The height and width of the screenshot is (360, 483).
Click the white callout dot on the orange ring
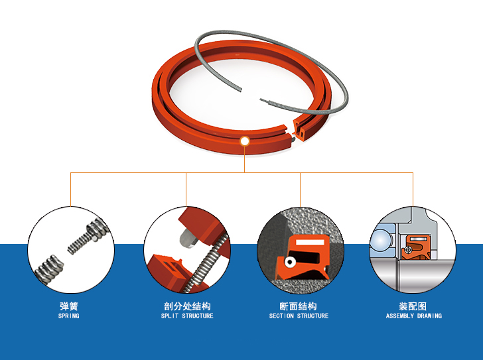pyautogui.click(x=245, y=141)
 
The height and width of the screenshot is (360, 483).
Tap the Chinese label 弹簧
pyautogui.click(x=69, y=306)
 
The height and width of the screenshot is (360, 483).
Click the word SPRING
pyautogui.click(x=69, y=316)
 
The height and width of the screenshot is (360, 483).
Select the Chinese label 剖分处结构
pyautogui.click(x=187, y=306)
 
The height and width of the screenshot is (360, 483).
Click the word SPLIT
pyautogui.click(x=170, y=316)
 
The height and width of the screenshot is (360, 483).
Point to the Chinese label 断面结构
pyautogui.click(x=298, y=306)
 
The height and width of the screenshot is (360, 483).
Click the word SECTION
pyautogui.click(x=281, y=316)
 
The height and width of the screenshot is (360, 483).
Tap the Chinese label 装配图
pyautogui.click(x=413, y=306)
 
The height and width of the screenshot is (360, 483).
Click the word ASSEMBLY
pyautogui.click(x=400, y=316)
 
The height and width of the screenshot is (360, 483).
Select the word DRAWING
pyautogui.click(x=430, y=316)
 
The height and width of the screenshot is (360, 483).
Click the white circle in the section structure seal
pyautogui.click(x=290, y=262)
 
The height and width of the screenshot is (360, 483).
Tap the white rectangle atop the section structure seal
pyautogui.click(x=310, y=242)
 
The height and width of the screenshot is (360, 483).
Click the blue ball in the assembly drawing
pyautogui.click(x=380, y=241)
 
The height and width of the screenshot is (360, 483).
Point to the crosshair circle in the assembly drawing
pyautogui.click(x=409, y=250)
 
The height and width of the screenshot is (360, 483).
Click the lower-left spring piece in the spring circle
pyautogui.click(x=49, y=270)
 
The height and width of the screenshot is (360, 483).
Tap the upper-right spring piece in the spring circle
pyautogui.click(x=88, y=236)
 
